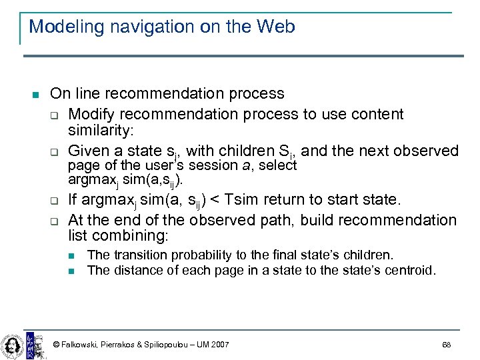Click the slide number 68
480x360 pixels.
pyautogui.click(x=446, y=345)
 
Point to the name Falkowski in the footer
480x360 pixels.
pyautogui.click(x=81, y=345)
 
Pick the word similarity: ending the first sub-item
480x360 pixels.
pyautogui.click(x=99, y=132)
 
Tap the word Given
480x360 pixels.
pyautogui.click(x=89, y=151)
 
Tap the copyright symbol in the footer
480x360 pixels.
pyautogui.click(x=56, y=345)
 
